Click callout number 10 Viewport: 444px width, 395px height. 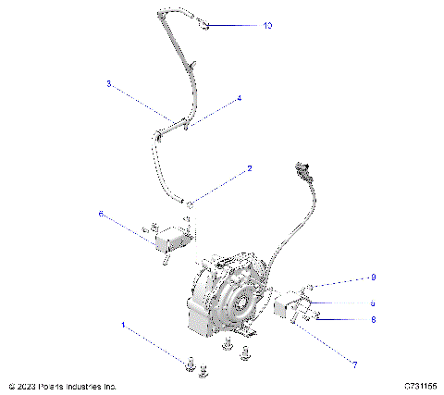point(267,26)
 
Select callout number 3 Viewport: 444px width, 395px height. point(108,83)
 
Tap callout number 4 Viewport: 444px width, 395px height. point(239,97)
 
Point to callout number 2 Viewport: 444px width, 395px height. point(249,169)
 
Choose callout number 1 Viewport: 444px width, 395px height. point(122,325)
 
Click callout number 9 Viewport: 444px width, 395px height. point(373,277)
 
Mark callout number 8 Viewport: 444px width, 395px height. point(373,319)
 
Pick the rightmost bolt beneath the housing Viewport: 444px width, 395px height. point(246,352)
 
